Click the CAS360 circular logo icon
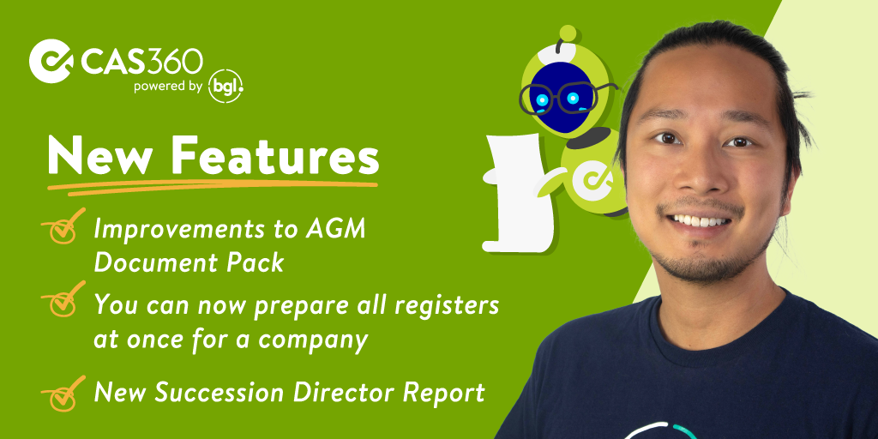coord(51,61)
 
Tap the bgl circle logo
coord(226,87)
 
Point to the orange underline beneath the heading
coord(213,187)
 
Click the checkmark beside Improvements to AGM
coord(63,226)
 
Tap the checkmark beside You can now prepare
coord(63,299)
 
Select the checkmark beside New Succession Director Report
coord(63,393)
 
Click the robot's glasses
coord(566,98)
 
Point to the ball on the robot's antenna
coord(568,33)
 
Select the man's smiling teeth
coord(701,220)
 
